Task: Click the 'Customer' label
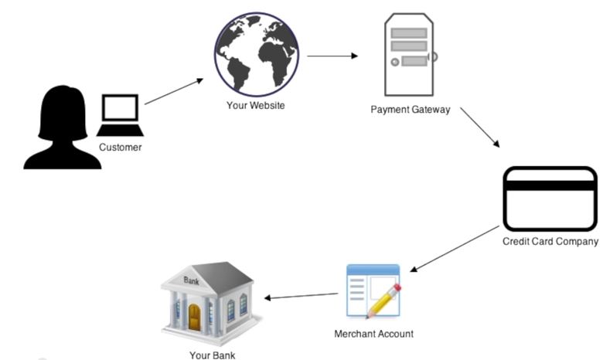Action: click(x=120, y=147)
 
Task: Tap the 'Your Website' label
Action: click(x=255, y=105)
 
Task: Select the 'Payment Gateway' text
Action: click(x=410, y=110)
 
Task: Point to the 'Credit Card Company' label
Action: click(x=550, y=242)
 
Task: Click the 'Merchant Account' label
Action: click(x=373, y=334)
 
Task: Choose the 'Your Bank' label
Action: click(x=212, y=355)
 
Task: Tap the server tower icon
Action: click(x=410, y=56)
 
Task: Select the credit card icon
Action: click(x=550, y=199)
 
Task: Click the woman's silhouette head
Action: click(x=63, y=108)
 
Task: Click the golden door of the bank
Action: click(x=194, y=318)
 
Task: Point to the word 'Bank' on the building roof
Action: click(x=191, y=280)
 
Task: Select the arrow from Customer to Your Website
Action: click(x=174, y=90)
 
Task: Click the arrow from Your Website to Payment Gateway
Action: click(x=332, y=56)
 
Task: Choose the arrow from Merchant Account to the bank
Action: click(x=301, y=296)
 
